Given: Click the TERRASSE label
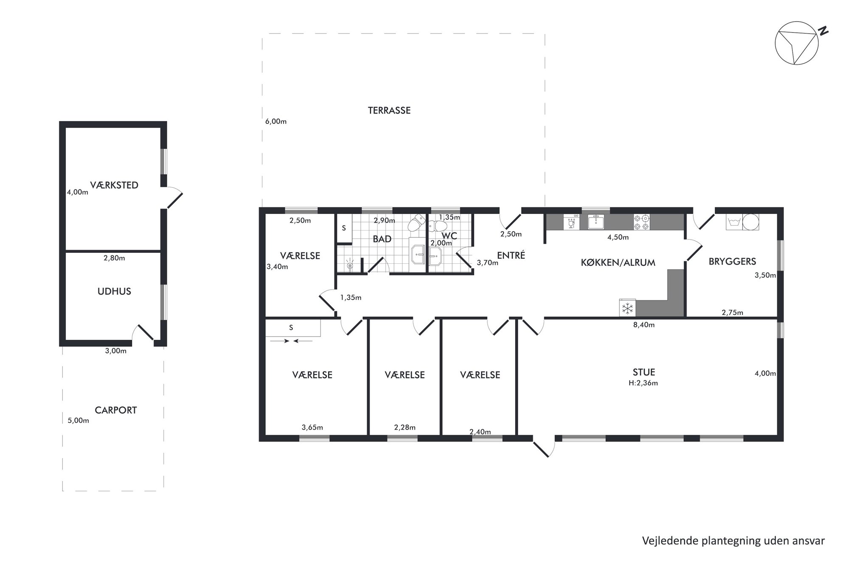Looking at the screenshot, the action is pyautogui.click(x=389, y=111).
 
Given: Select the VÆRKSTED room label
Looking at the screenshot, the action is pyautogui.click(x=114, y=185).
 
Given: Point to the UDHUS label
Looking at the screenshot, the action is pyautogui.click(x=114, y=291).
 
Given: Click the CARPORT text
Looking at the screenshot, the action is pyautogui.click(x=116, y=410).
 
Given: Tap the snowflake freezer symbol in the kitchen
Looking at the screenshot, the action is pyautogui.click(x=628, y=308).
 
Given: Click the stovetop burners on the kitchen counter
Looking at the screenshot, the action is pyautogui.click(x=642, y=222).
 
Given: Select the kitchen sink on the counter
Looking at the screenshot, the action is pyautogui.click(x=596, y=222).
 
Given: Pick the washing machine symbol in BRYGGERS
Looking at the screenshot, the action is pyautogui.click(x=734, y=222).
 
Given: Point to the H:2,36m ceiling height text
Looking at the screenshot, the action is pyautogui.click(x=644, y=383).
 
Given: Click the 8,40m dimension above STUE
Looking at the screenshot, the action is pyautogui.click(x=644, y=325).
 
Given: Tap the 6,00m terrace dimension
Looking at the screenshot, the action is pyautogui.click(x=276, y=121).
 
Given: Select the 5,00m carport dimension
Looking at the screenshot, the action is pyautogui.click(x=79, y=421).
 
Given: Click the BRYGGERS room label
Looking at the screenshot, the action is pyautogui.click(x=733, y=262).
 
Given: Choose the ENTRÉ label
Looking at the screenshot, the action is pyautogui.click(x=511, y=255).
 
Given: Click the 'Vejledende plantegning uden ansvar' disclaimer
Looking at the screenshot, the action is pyautogui.click(x=733, y=541).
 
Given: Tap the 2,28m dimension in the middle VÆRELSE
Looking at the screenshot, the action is pyautogui.click(x=405, y=427).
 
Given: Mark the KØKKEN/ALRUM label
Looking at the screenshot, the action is pyautogui.click(x=618, y=262).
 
